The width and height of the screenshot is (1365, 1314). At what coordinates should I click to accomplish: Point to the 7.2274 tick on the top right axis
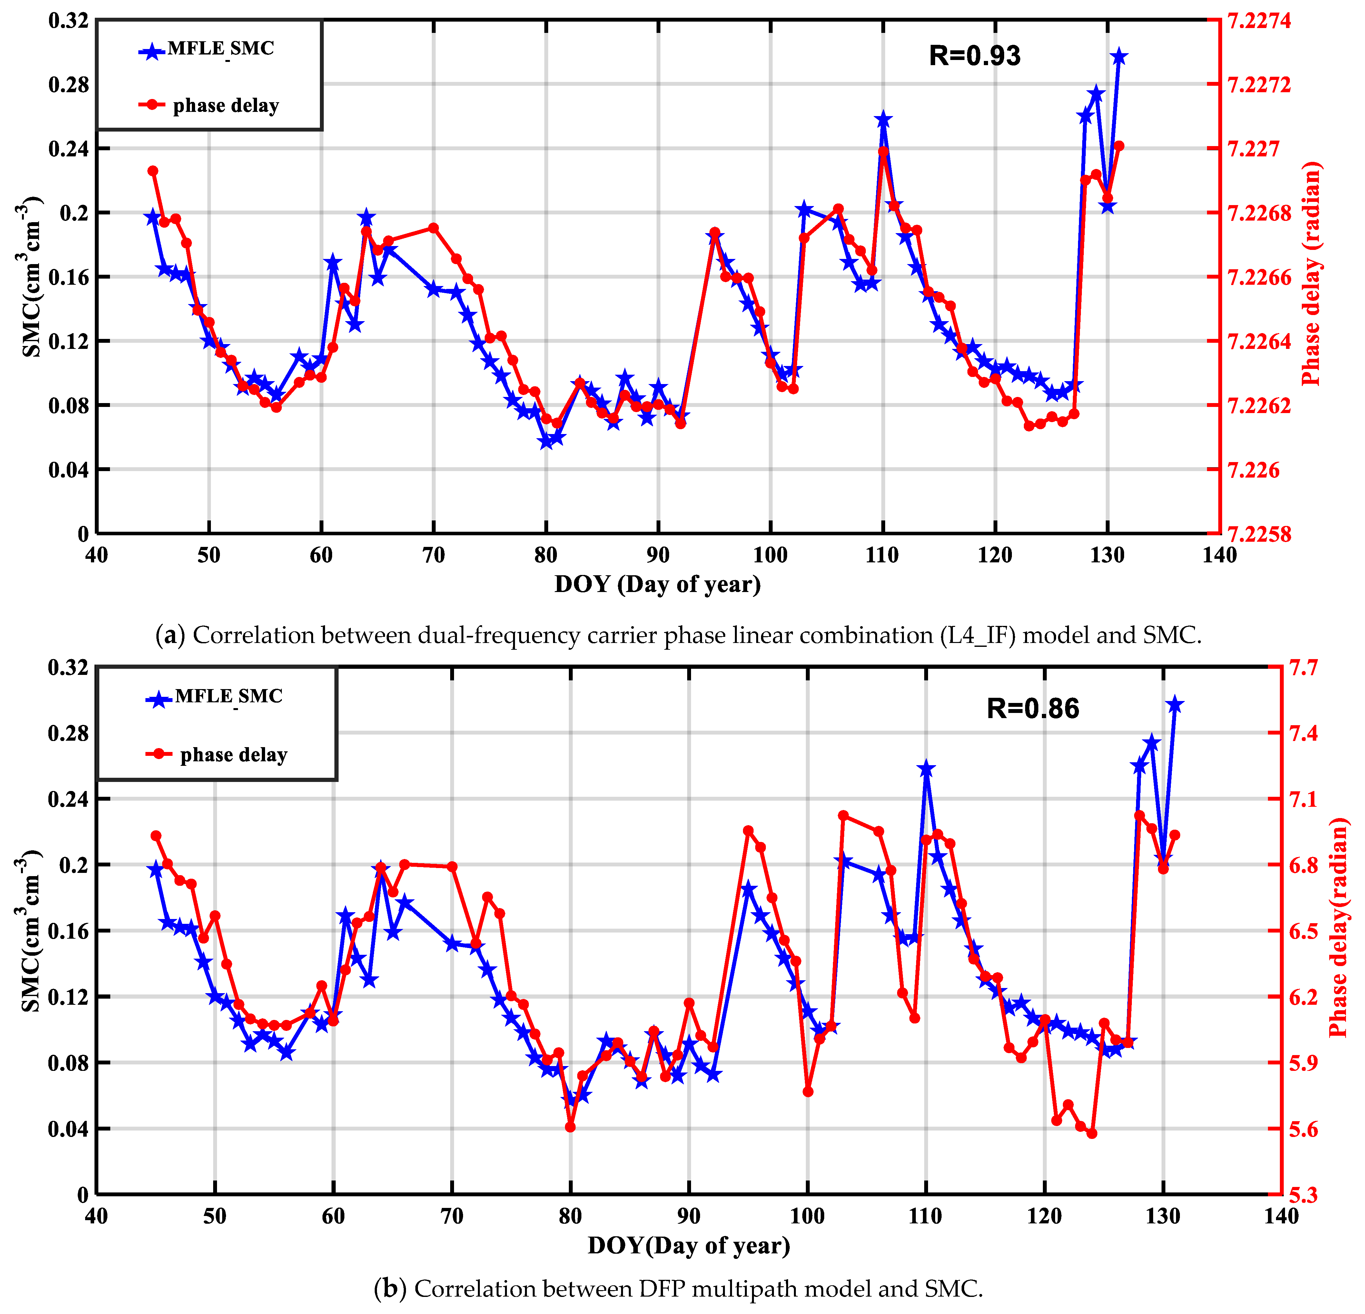[x=1259, y=21]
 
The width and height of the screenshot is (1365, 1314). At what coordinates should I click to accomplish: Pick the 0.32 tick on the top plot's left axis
[x=68, y=21]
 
